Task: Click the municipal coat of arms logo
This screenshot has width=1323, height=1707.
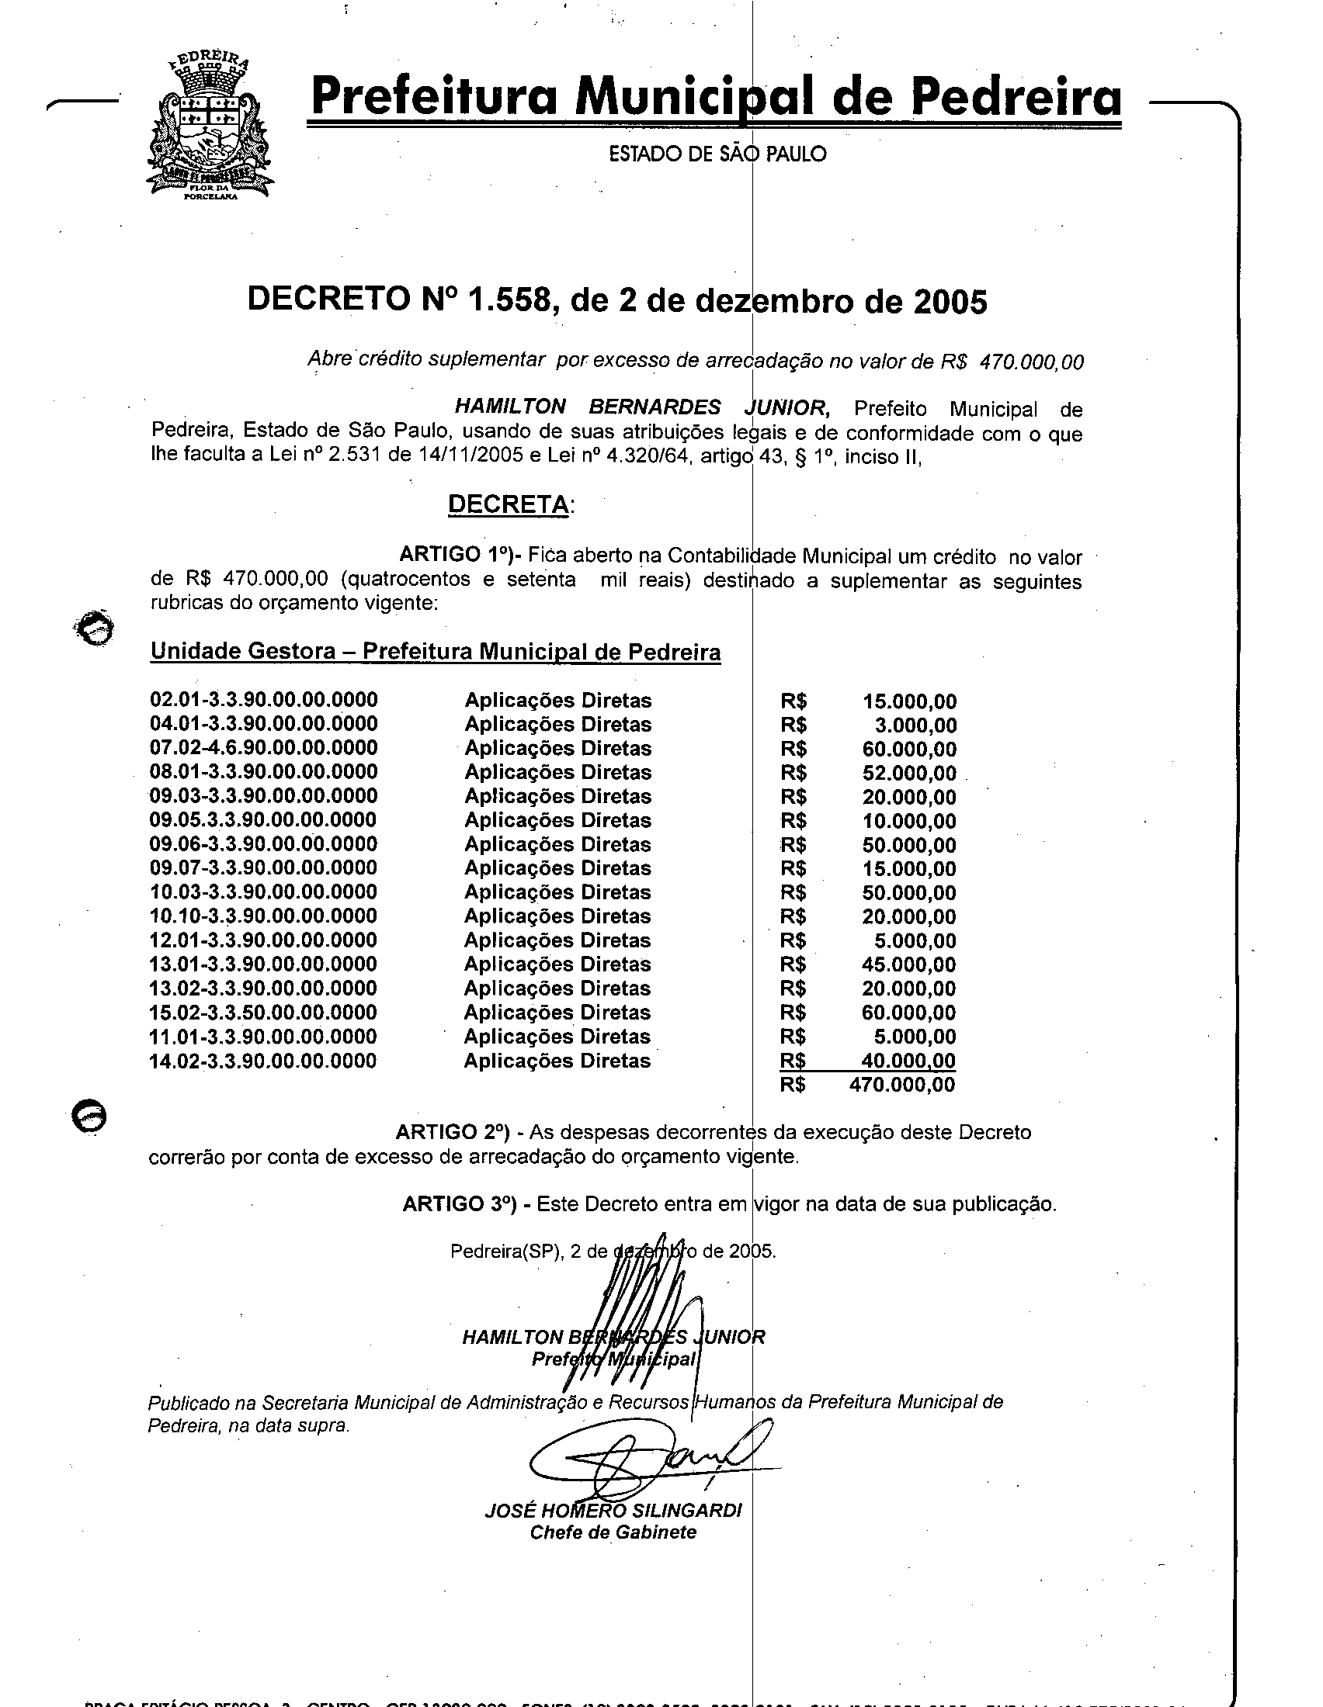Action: click(209, 127)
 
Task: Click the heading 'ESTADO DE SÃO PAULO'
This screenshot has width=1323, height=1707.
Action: click(717, 154)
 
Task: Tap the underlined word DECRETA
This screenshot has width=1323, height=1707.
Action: click(509, 504)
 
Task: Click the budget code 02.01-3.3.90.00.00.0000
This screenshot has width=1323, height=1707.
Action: click(263, 700)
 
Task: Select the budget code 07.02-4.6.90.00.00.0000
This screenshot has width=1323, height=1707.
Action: click(263, 748)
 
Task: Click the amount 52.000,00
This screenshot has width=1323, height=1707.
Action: click(908, 773)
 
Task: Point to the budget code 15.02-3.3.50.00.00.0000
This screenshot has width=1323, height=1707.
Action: click(263, 1013)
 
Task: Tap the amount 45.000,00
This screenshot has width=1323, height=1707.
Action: click(908, 964)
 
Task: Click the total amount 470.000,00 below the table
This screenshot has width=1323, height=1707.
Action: click(901, 1085)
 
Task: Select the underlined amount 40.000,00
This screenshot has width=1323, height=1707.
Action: click(908, 1061)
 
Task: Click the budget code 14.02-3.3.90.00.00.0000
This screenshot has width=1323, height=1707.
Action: click(263, 1061)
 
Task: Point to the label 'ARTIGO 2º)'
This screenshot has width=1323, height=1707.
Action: click(453, 1132)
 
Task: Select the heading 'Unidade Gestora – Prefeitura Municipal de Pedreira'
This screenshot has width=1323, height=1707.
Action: click(435, 652)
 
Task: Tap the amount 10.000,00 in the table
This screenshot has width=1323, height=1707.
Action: click(908, 822)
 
